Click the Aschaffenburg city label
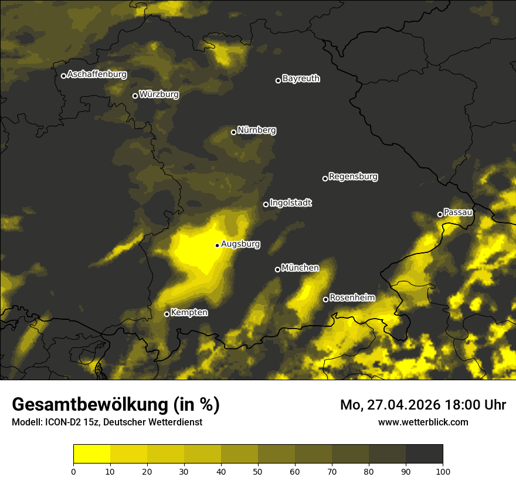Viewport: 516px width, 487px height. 97,75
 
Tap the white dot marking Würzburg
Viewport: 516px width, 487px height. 135,96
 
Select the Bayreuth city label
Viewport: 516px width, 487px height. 301,79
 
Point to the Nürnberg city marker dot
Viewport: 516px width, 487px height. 233,132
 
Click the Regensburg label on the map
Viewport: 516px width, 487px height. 353,176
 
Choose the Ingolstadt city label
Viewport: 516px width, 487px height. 291,203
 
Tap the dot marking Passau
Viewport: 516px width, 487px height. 440,214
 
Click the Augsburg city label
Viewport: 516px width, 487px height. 240,244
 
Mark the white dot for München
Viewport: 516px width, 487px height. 277,269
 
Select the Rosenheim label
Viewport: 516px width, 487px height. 352,297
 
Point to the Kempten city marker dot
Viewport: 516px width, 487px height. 167,314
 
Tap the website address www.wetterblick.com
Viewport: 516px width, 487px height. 423,422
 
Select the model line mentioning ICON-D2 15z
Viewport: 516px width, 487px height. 107,422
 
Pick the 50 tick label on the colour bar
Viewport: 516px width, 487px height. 258,471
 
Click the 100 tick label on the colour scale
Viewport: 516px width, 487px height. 443,471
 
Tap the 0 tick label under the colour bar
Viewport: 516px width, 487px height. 73,471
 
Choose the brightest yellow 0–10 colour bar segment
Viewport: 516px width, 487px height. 91,454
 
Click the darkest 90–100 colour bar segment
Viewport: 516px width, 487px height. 424,454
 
